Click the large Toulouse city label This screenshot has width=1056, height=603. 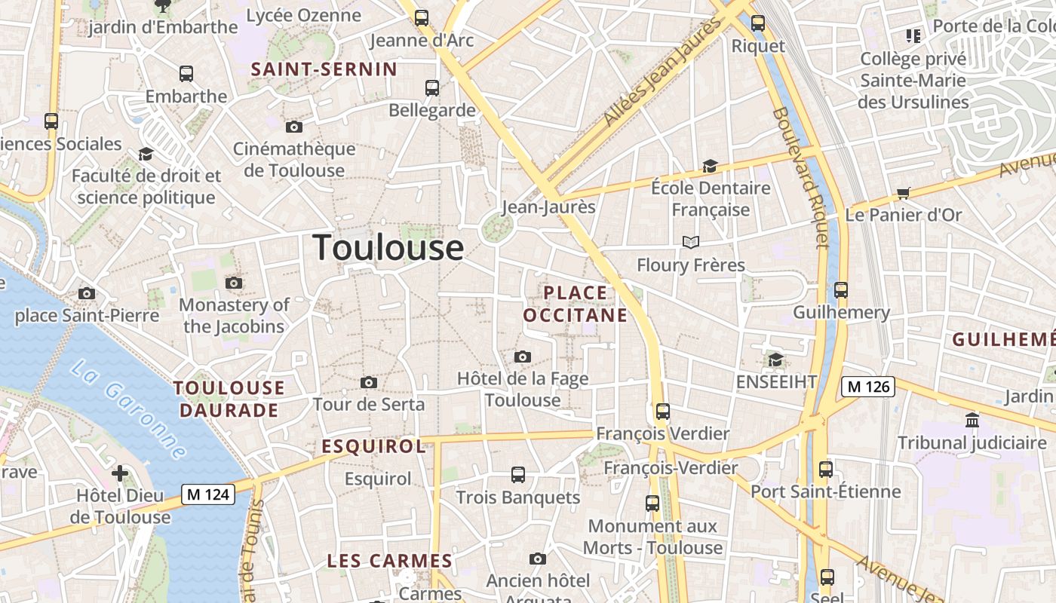pos(388,247)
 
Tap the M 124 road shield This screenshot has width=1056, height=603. pos(208,494)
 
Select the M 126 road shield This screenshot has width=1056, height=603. pos(867,387)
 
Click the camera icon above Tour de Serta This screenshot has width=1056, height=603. pos(369,383)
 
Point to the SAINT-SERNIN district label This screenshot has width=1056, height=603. pos(324,69)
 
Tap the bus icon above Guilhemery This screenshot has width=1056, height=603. pos(841,289)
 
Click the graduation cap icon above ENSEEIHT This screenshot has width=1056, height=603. pos(775,360)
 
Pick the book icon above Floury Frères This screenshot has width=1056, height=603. pos(691,242)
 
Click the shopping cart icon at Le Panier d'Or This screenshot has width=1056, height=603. pos(903,193)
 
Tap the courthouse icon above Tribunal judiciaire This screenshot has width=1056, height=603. pos(972,420)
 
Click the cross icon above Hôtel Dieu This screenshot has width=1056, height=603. pos(119,473)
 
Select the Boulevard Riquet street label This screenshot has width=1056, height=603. pos(801,178)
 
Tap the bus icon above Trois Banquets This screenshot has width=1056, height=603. pos(517,475)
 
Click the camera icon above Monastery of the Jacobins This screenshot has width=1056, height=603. pos(234,283)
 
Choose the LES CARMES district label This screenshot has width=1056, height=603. pos(389,561)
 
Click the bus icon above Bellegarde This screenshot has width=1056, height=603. pos(432,88)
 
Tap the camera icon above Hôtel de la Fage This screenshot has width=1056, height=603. pos(522,357)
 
